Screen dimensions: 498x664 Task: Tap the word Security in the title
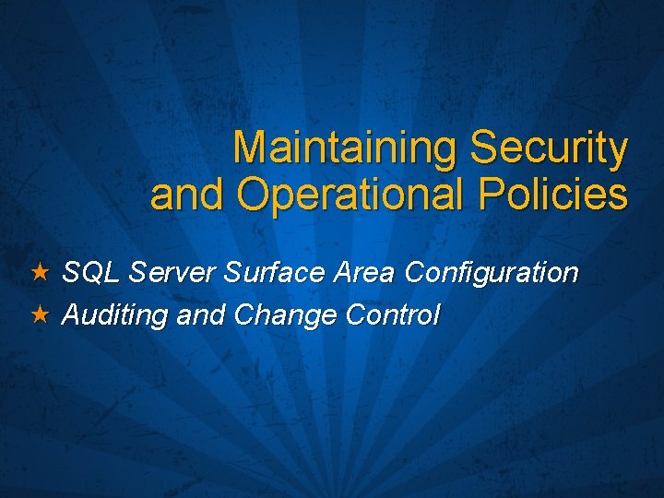(x=549, y=148)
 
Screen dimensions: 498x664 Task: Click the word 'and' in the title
(x=188, y=195)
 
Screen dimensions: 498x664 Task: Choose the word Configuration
(x=492, y=274)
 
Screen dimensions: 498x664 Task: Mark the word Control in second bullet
(x=393, y=315)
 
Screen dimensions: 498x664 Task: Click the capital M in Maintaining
(x=250, y=148)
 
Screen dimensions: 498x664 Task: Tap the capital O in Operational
(x=252, y=195)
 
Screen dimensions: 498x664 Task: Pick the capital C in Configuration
(x=416, y=273)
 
